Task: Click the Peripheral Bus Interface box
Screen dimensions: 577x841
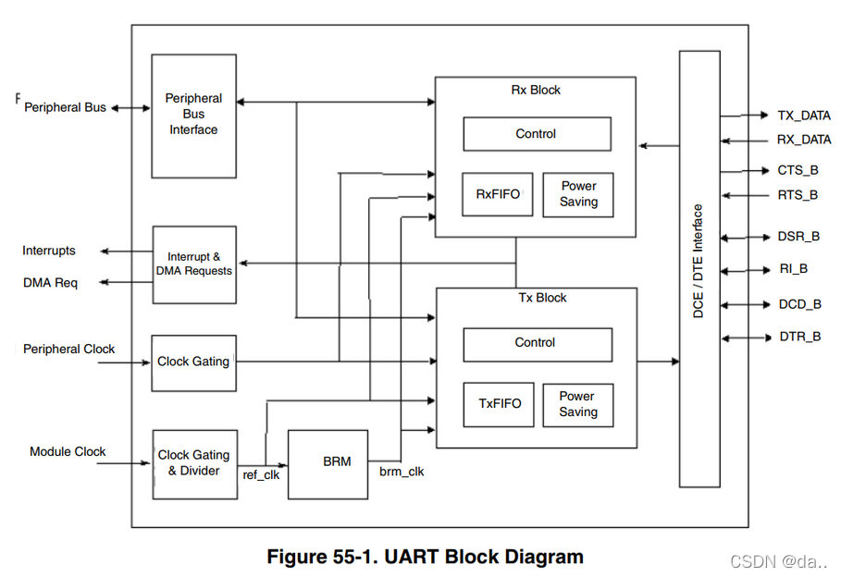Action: [x=193, y=116]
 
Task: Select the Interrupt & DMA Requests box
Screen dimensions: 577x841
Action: [x=194, y=264]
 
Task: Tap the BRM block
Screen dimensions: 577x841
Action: [x=328, y=461]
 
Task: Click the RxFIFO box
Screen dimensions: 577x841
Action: [x=498, y=194]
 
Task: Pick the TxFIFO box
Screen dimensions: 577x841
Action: [x=499, y=404]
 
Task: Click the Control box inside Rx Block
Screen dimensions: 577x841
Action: [x=537, y=134]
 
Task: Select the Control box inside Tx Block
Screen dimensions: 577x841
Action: [x=537, y=343]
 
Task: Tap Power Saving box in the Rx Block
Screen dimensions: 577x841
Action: [x=578, y=194]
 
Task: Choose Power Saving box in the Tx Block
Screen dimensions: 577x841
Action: [x=578, y=404]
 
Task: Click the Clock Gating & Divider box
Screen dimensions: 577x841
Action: [x=194, y=463]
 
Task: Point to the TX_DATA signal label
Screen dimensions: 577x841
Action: [x=803, y=116]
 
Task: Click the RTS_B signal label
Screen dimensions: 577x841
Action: [x=797, y=195]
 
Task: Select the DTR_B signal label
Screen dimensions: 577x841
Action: [x=799, y=337]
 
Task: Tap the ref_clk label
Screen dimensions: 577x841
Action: [x=260, y=474]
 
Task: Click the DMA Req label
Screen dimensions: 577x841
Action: [x=50, y=283]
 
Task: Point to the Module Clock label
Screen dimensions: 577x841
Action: [x=68, y=452]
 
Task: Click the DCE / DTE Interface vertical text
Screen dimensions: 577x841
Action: [x=699, y=263]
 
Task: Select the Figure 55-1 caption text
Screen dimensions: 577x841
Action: [x=425, y=557]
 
